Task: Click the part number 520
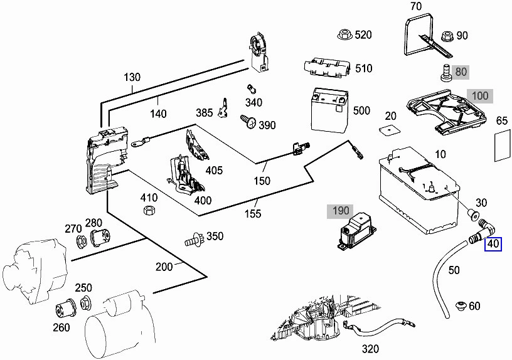click(363, 34)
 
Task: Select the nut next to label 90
click(447, 36)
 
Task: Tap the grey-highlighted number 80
click(461, 71)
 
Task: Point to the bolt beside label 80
click(445, 73)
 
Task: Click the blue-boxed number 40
click(493, 244)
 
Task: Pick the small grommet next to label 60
click(461, 306)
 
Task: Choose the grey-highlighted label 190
click(340, 211)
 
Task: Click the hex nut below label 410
click(149, 210)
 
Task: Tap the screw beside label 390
click(248, 122)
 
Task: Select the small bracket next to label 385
click(223, 108)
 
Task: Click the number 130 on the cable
click(132, 77)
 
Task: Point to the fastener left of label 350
click(195, 239)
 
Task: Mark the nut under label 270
click(81, 241)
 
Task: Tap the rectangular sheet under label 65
click(502, 145)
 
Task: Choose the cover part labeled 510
click(328, 68)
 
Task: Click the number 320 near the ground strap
click(370, 349)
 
